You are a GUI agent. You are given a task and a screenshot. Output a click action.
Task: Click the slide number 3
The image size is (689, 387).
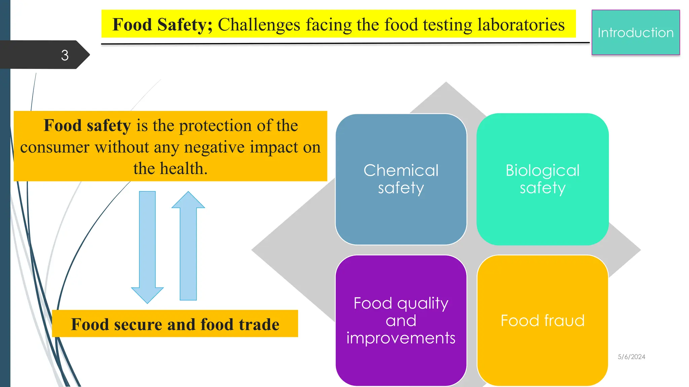[x=65, y=55]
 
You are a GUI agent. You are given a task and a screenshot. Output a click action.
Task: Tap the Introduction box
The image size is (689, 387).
[x=636, y=33]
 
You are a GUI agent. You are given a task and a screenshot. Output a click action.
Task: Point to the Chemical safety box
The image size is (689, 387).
[x=401, y=179]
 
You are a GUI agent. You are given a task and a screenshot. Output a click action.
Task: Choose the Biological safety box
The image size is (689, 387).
[x=542, y=179]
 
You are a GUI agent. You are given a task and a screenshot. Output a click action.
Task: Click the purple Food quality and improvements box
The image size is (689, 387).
[x=401, y=320]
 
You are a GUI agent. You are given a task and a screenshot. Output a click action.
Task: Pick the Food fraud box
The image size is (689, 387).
[x=542, y=320]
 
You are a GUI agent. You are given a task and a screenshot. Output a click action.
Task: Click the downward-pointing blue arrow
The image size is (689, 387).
[x=147, y=247]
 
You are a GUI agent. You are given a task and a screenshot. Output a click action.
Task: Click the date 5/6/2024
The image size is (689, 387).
[x=631, y=357]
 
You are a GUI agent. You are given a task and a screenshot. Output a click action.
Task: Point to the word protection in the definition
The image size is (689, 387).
[x=215, y=126]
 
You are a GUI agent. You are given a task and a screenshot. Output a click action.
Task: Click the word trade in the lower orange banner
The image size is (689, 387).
[x=259, y=325]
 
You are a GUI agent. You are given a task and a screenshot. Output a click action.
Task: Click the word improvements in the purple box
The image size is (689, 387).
[x=401, y=338]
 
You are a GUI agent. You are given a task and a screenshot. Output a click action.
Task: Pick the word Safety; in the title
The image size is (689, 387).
[x=185, y=25]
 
